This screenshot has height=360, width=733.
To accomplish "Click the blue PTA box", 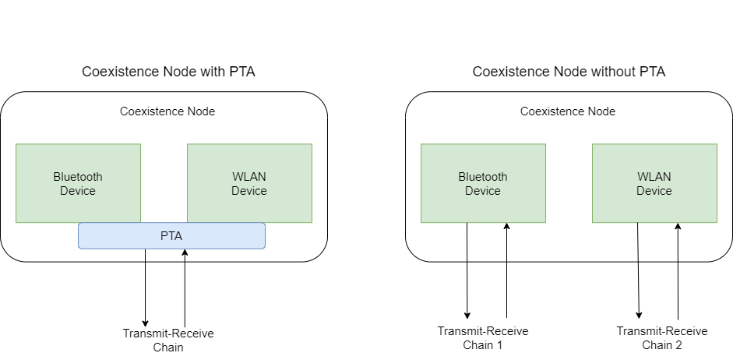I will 171,235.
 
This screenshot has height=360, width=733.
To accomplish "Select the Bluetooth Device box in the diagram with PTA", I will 78,183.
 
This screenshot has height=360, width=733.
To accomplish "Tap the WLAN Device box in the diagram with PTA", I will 249,183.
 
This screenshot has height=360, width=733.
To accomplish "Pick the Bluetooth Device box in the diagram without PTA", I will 483,183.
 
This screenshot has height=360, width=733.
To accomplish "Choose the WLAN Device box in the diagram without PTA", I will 654,183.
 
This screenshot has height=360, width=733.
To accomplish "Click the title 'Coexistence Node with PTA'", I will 169,72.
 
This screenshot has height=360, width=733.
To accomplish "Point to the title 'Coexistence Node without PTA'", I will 569,72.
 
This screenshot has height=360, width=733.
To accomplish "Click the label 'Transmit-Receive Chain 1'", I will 483,338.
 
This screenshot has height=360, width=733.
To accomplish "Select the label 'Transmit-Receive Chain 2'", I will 662,338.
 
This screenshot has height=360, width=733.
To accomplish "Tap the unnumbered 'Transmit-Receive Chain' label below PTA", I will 168,341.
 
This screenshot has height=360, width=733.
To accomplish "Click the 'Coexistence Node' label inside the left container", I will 167,111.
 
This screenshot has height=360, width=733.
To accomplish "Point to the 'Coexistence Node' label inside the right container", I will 568,111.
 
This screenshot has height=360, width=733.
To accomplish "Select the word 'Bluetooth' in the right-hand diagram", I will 483,177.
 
